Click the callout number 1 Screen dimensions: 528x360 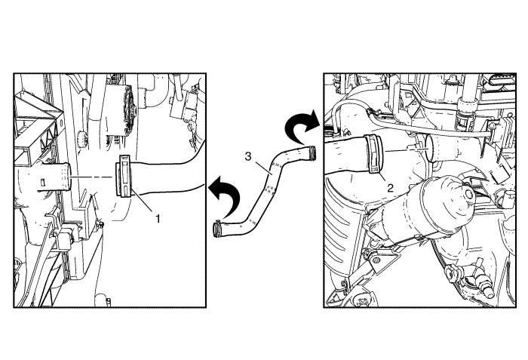[x=158, y=219]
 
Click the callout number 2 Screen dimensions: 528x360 [x=390, y=188]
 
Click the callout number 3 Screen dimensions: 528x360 [x=248, y=157]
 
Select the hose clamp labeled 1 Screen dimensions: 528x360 [x=123, y=175]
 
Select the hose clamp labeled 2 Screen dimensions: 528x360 [x=374, y=153]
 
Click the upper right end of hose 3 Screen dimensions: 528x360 [x=313, y=152]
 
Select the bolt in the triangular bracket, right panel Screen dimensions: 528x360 [x=375, y=261]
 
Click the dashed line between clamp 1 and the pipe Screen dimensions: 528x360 [x=91, y=177]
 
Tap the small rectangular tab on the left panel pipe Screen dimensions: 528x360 [x=43, y=182]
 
